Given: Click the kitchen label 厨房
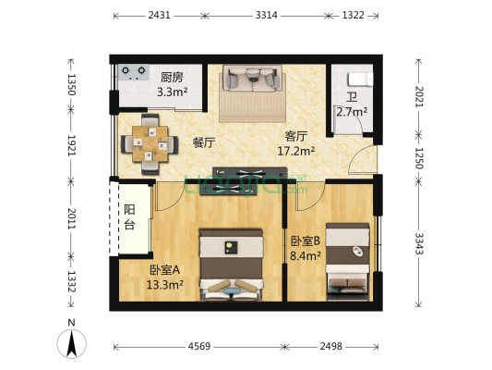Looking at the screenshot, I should tap(172, 78).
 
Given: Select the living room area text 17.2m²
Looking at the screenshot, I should tap(298, 150).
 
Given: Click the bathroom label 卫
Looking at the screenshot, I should tap(352, 96).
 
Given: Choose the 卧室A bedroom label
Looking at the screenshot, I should tap(165, 270).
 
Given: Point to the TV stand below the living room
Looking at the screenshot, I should tap(249, 176).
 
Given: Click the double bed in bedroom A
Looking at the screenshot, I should tap(231, 264).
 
